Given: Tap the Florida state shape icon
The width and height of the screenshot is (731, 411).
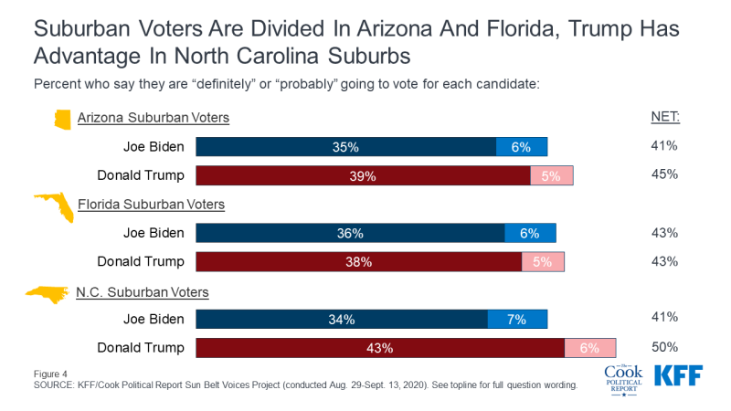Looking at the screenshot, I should (55, 206).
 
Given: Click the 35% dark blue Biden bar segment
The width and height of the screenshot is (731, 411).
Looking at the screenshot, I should (345, 146).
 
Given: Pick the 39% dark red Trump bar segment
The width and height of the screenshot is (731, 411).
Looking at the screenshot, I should (363, 176).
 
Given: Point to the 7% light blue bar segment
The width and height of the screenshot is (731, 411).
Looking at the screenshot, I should (517, 320).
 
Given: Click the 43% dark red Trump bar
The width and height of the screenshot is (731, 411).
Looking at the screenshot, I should (380, 348).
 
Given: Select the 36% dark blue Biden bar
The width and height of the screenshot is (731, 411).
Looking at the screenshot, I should (350, 233).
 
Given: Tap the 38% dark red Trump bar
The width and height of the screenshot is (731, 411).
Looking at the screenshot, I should (358, 262).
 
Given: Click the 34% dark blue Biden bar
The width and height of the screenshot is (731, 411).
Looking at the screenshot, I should (341, 320).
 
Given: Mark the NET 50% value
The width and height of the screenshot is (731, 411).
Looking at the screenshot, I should (664, 347).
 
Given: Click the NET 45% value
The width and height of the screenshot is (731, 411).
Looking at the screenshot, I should (664, 174).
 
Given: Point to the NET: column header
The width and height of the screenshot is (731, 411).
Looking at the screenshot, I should (663, 117).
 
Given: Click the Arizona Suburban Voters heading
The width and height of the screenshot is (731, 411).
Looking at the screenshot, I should (153, 117).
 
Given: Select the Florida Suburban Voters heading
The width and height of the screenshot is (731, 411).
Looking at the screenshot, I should (151, 204).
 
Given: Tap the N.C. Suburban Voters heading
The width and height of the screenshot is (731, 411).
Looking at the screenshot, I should (143, 291).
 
